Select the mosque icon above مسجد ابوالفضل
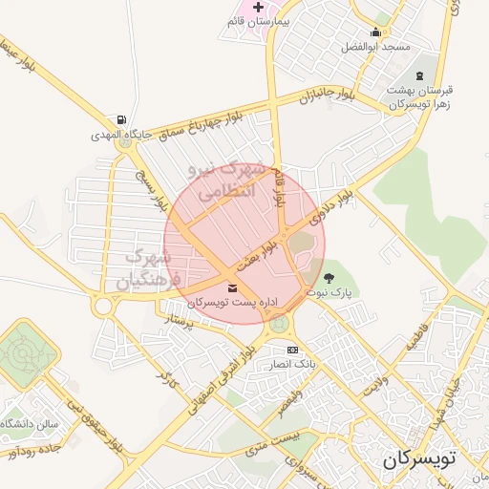[376, 32]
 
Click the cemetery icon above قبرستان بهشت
[418, 75]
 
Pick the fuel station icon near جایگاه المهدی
[121, 120]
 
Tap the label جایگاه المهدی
[122, 136]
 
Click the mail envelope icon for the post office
[233, 287]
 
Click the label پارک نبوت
[330, 293]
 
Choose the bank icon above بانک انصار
[291, 350]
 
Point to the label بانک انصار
[292, 364]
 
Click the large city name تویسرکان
[420, 458]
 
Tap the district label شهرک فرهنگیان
[148, 268]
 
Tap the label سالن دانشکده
[32, 422]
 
